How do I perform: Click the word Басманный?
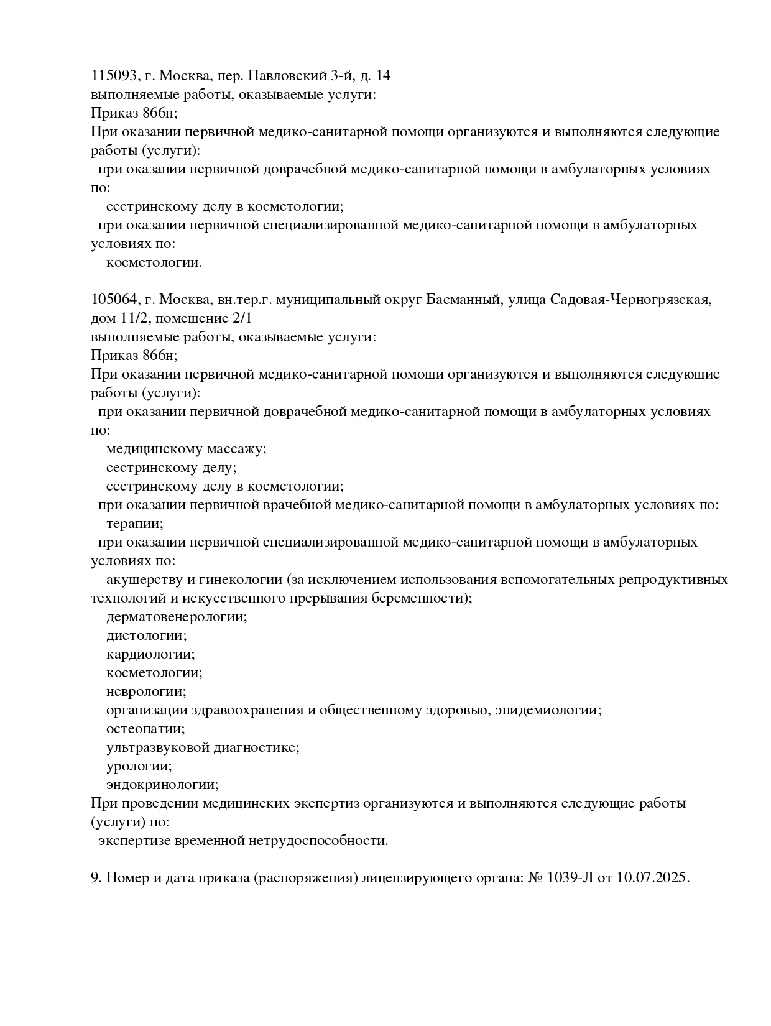(464, 300)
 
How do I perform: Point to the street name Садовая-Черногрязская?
(610, 300)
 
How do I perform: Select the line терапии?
(135, 524)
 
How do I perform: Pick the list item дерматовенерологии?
(177, 617)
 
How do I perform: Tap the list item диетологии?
(147, 635)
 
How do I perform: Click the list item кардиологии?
(150, 654)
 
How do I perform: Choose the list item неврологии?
(146, 691)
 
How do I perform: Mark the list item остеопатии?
(145, 729)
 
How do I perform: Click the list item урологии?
(139, 766)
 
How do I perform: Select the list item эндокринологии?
(162, 785)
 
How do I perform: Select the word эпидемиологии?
(548, 710)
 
